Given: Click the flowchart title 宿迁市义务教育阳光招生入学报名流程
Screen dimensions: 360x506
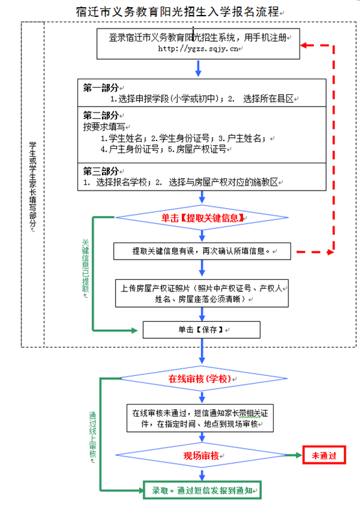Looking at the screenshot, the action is (177, 12).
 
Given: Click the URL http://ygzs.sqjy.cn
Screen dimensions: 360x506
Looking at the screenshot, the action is (198, 49).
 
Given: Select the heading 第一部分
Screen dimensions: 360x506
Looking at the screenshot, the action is (101, 87).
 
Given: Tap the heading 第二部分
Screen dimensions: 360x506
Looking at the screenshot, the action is (101, 115).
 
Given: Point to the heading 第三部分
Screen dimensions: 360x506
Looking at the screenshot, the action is (101, 171).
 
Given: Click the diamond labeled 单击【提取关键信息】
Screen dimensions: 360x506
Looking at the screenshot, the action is (201, 217).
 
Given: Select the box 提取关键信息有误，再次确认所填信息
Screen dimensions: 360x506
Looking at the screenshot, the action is (202, 251).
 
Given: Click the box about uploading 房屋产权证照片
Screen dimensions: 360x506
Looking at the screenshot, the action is (201, 293).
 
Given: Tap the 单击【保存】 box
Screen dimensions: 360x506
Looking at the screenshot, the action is (201, 330).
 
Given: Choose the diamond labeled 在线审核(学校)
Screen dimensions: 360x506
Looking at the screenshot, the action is (201, 379).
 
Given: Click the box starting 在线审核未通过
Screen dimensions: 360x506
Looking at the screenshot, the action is (200, 418).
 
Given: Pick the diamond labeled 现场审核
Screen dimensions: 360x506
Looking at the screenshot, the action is (201, 455).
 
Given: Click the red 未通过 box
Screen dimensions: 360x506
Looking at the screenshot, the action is (324, 455).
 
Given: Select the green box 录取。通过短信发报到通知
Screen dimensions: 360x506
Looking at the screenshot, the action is (202, 490).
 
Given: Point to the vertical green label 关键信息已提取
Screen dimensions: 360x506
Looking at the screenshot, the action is (85, 265).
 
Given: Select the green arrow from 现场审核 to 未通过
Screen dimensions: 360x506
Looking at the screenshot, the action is (294, 455).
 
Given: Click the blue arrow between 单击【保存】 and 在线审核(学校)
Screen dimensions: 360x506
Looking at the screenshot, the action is (201, 351).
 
